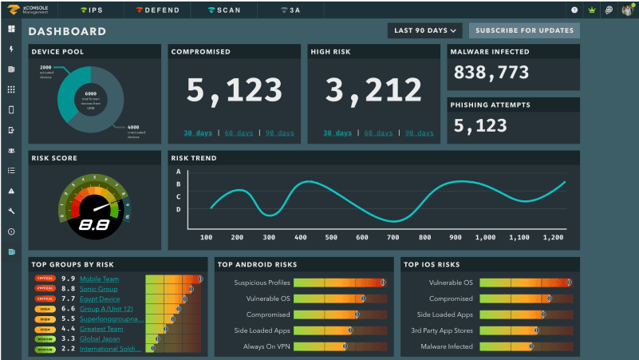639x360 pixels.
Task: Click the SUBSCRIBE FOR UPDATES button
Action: (x=524, y=31)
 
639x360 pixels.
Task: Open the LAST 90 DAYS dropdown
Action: (x=425, y=31)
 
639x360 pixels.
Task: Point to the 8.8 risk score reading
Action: (x=95, y=226)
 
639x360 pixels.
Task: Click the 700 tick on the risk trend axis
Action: (x=393, y=237)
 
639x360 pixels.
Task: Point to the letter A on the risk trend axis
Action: (x=179, y=172)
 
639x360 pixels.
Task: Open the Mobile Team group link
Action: (x=100, y=279)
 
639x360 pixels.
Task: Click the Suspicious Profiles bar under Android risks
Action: (x=340, y=283)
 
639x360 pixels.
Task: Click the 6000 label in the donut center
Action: (x=90, y=94)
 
